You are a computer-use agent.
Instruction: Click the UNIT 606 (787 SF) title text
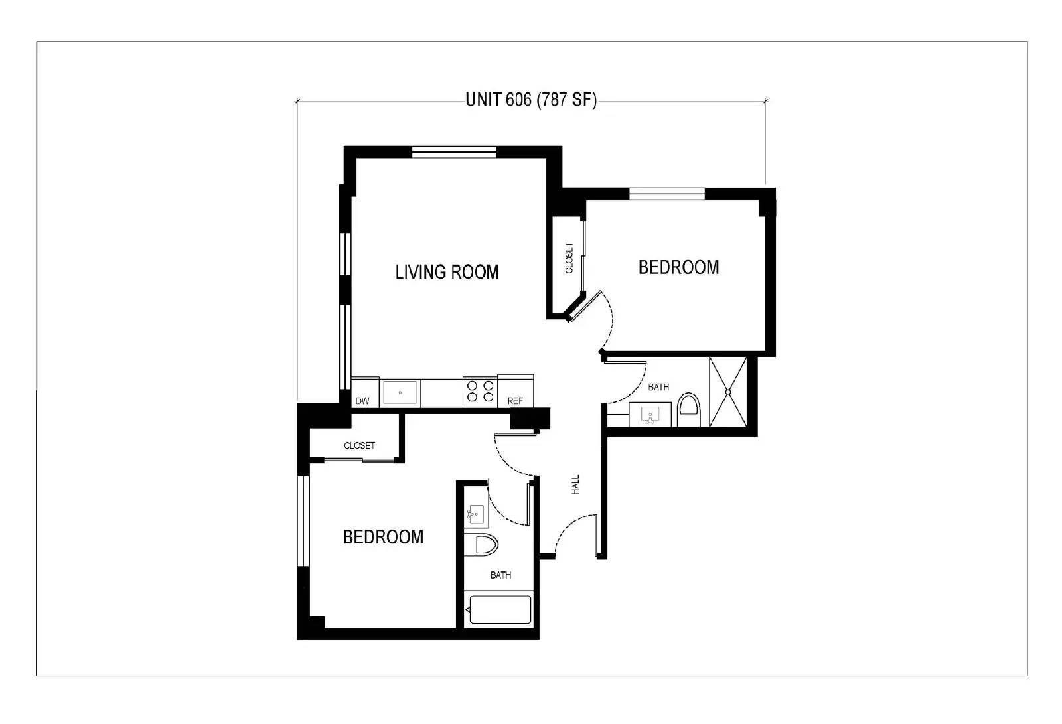pos(530,100)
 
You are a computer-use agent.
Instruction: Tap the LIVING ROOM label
pos(447,272)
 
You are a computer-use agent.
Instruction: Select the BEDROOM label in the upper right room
pos(678,267)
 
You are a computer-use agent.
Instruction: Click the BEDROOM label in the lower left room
pos(383,537)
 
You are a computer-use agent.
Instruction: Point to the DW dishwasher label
pos(362,401)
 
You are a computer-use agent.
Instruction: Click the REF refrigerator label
pos(515,401)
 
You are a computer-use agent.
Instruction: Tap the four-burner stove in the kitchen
pos(480,391)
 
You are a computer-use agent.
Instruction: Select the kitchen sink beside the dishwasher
pos(400,392)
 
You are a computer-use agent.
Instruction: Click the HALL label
pos(575,484)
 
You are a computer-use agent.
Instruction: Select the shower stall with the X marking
pos(728,392)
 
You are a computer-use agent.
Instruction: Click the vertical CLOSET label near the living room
pos(569,257)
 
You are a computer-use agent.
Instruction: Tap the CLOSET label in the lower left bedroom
pos(359,445)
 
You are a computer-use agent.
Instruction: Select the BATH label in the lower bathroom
pos(500,575)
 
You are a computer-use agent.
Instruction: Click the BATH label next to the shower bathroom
pos(658,387)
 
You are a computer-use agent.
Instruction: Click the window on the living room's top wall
pos(454,152)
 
